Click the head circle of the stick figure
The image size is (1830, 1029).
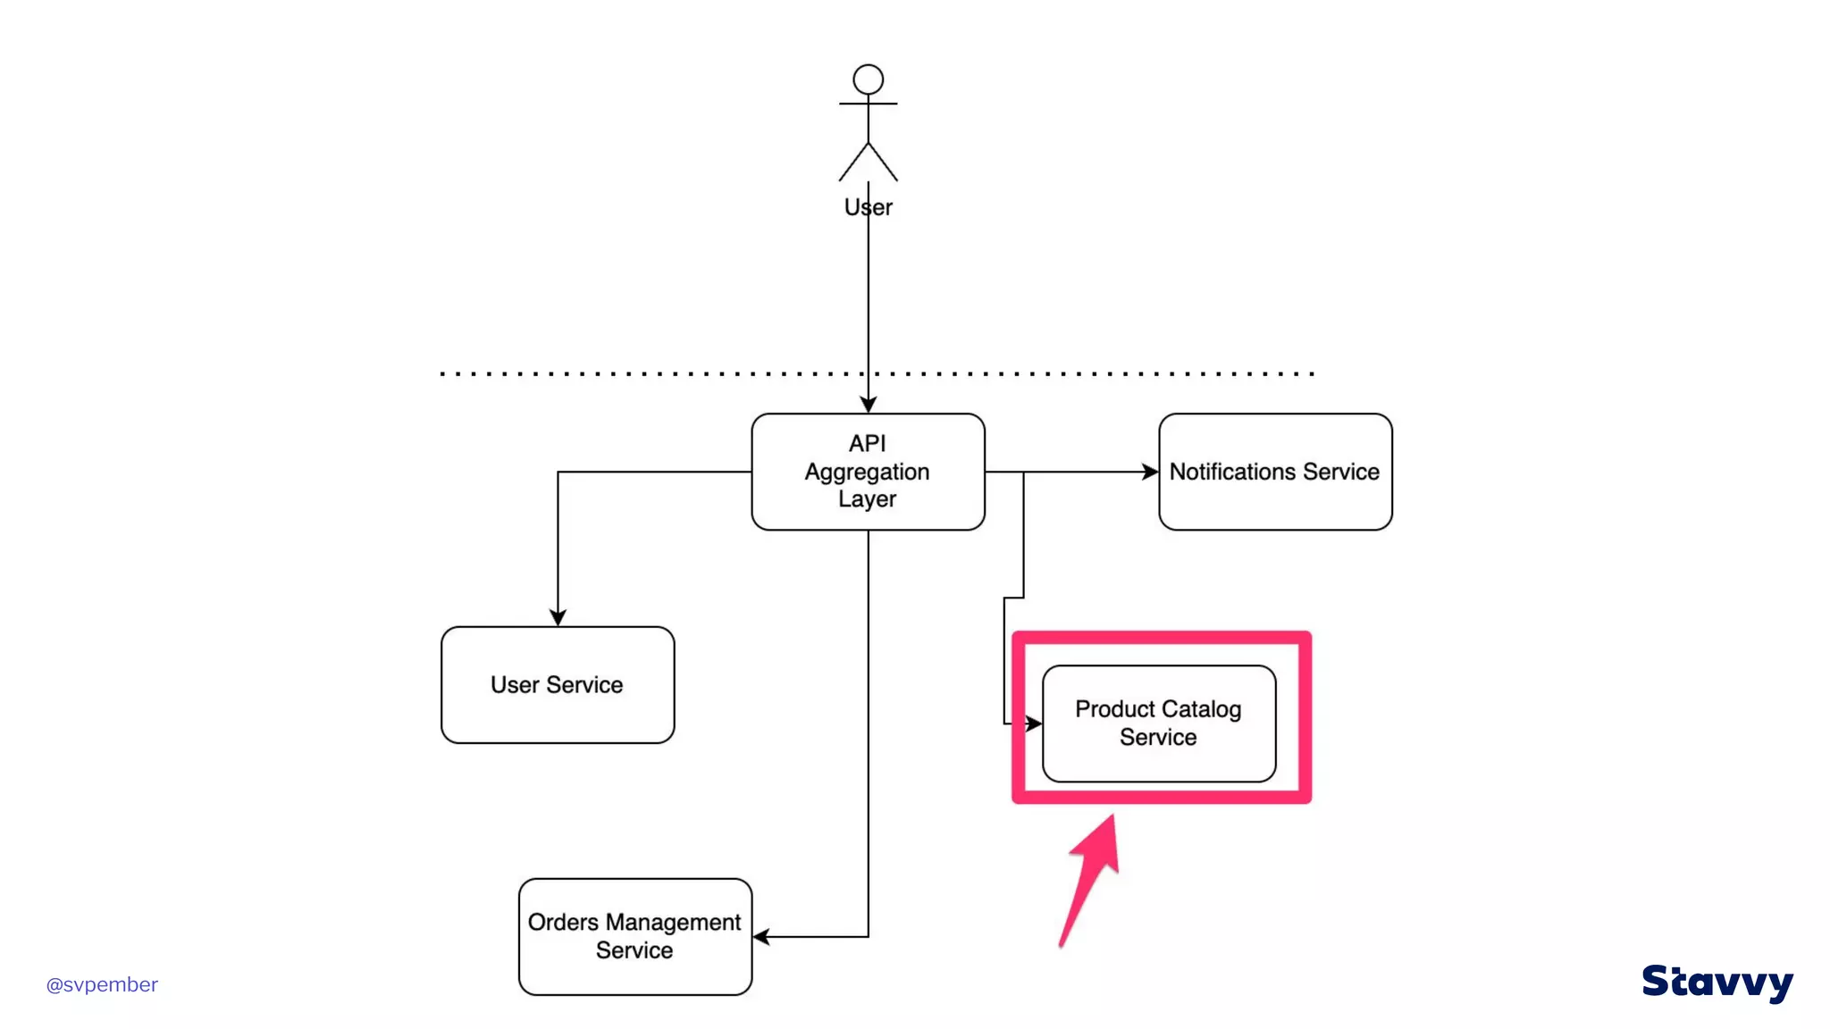point(868,79)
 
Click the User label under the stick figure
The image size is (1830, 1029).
point(868,207)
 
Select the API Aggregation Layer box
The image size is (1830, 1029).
point(868,472)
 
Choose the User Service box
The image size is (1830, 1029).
point(558,685)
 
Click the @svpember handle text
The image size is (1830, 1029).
point(102,984)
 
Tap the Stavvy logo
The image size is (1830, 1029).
point(1717,983)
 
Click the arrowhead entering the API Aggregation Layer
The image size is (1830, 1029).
point(868,405)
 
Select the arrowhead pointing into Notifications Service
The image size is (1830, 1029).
point(1150,472)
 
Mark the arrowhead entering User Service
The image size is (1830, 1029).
point(558,617)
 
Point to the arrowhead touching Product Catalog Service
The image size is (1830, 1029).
point(1033,724)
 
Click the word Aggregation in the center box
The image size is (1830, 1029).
point(867,472)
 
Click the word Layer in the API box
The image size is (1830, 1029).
point(867,499)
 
